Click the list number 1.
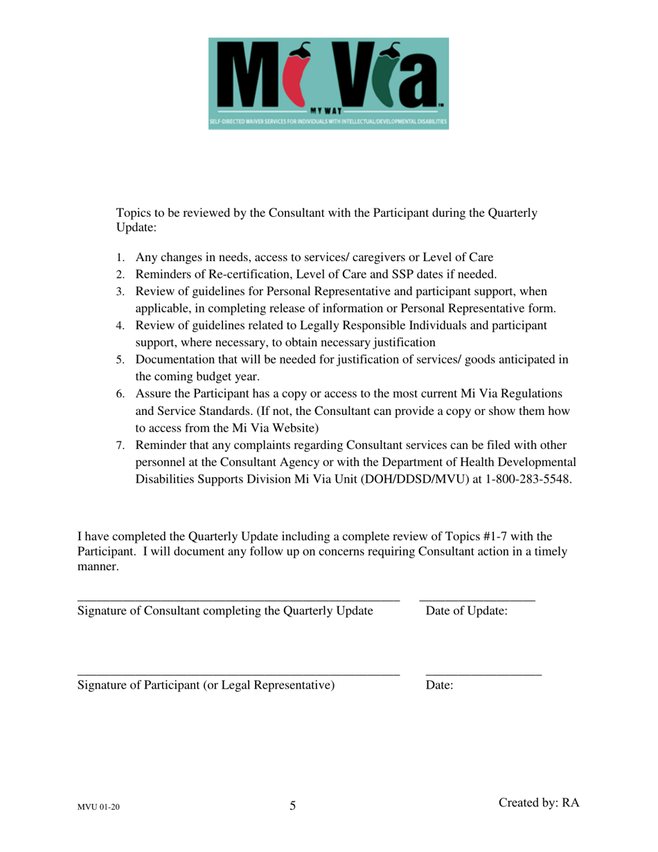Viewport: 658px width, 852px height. click(x=119, y=256)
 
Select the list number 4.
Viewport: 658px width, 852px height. click(x=119, y=325)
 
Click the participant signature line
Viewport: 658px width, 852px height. click(x=238, y=673)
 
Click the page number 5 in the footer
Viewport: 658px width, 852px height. click(x=292, y=806)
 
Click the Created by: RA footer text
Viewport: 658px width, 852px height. click(x=538, y=802)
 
